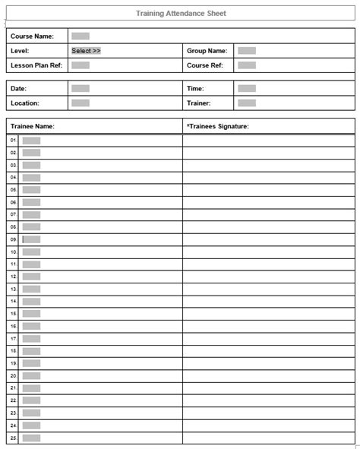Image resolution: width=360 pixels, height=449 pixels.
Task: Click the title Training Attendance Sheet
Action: [181, 14]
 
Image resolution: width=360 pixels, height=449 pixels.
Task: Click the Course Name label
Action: [32, 36]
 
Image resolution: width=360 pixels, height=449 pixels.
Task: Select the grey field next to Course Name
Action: [81, 36]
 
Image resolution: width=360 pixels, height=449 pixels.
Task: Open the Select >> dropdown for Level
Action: [86, 51]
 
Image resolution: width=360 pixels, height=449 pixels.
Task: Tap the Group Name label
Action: [207, 51]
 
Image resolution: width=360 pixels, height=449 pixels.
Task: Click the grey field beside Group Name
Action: [246, 51]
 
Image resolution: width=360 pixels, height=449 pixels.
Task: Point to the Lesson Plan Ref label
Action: [36, 65]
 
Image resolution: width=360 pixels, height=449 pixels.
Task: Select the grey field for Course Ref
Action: [246, 65]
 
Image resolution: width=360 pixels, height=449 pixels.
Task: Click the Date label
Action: [18, 89]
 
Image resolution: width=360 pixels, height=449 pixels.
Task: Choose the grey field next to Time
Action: [246, 89]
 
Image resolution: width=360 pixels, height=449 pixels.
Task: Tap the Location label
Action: [25, 103]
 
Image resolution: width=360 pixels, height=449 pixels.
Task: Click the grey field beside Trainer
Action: [246, 103]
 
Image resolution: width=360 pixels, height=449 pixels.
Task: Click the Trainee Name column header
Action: [33, 126]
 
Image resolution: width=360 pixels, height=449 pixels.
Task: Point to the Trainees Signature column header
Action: [218, 126]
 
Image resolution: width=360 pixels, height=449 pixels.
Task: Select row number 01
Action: [13, 141]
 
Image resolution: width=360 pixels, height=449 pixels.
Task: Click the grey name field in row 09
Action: [31, 239]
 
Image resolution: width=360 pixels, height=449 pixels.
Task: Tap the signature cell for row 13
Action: [268, 289]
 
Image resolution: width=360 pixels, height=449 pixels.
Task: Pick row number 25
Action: [13, 438]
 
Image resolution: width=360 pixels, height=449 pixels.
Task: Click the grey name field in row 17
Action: [31, 339]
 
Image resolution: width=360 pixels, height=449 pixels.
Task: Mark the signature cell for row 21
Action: [268, 388]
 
